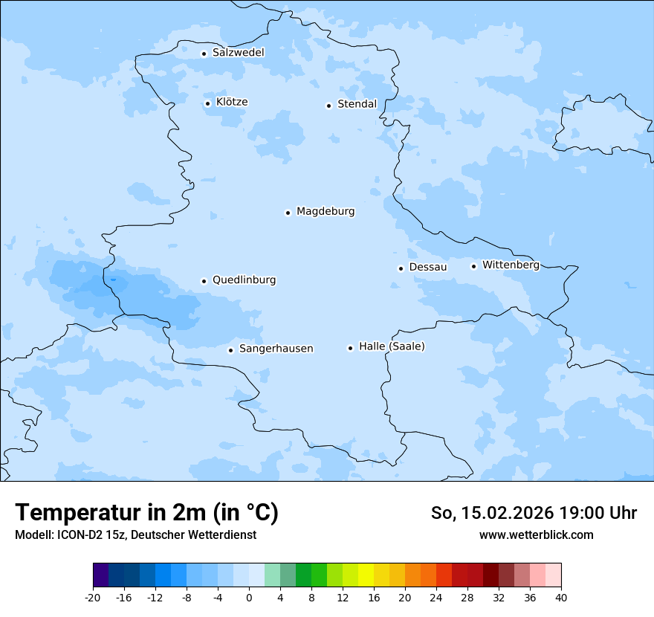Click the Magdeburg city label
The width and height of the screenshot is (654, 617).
click(326, 212)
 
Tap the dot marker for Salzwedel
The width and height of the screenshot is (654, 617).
click(204, 54)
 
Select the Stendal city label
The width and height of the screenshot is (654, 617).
click(357, 104)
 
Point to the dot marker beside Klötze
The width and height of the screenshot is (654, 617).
click(208, 103)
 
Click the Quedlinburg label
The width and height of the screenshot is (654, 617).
click(244, 280)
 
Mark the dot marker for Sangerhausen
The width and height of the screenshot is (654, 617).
click(231, 350)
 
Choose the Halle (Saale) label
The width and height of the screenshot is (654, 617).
click(392, 346)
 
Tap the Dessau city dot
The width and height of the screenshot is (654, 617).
click(401, 268)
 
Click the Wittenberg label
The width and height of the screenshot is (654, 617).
click(511, 265)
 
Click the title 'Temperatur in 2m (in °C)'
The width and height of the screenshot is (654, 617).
click(146, 513)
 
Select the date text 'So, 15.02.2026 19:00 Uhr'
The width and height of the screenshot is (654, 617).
click(534, 513)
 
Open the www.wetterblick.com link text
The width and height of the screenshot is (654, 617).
click(536, 535)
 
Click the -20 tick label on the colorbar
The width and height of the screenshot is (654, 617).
click(93, 598)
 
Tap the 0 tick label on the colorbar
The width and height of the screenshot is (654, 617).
click(249, 598)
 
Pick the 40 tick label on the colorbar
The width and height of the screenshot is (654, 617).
click(561, 598)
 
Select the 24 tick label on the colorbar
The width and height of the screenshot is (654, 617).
click(436, 598)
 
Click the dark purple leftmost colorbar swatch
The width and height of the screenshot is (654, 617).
click(100, 575)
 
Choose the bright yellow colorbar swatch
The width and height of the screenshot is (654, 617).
click(366, 575)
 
